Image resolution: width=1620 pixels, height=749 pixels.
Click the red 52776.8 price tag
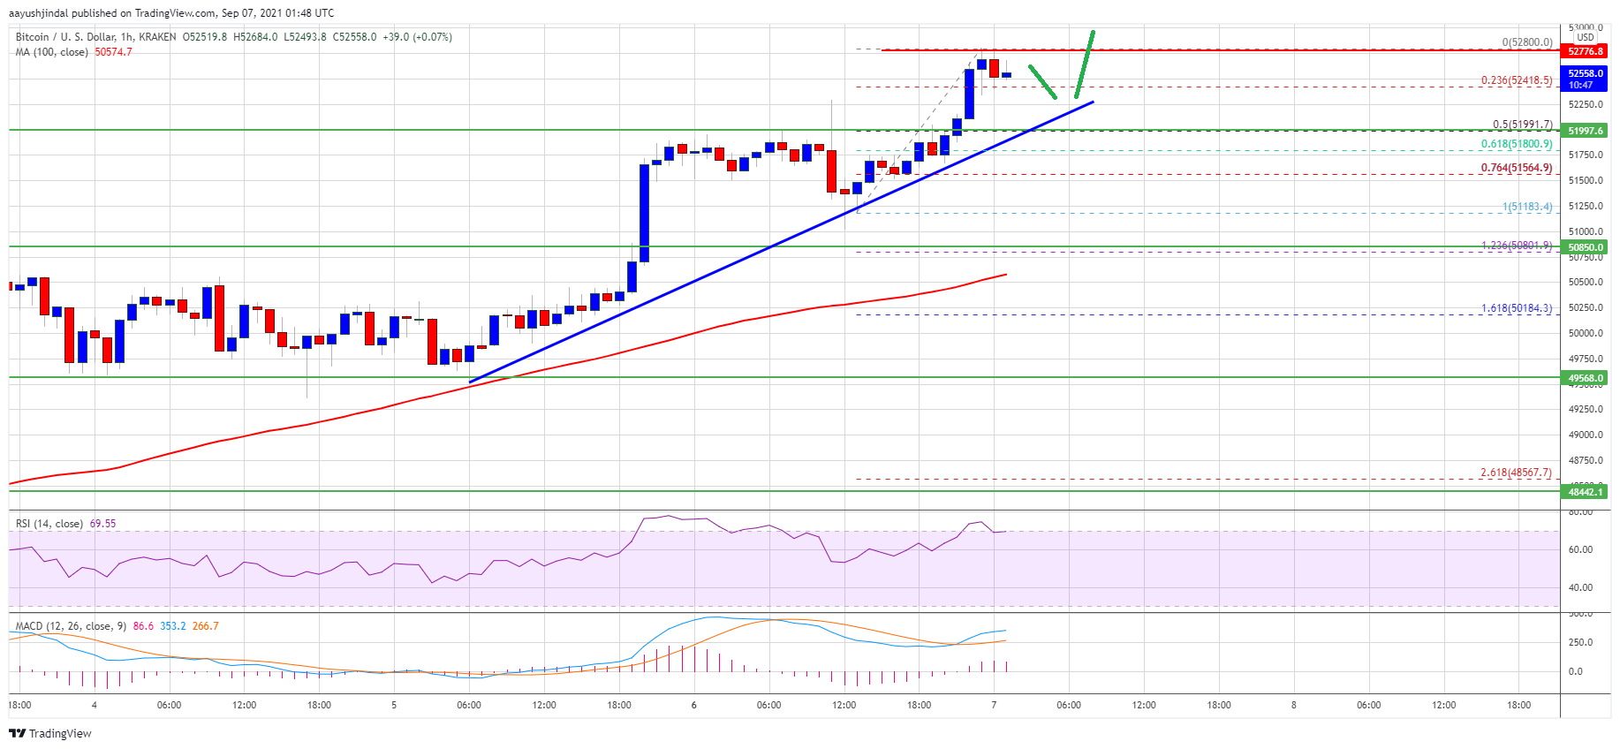[x=1586, y=51]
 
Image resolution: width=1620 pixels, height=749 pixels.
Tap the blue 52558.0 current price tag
[x=1586, y=74]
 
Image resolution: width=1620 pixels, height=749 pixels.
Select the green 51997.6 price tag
[x=1586, y=131]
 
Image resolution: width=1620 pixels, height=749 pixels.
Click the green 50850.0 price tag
[x=1586, y=247]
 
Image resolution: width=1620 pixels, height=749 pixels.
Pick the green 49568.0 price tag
[x=1586, y=378]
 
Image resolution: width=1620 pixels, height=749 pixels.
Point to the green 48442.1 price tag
[x=1586, y=492]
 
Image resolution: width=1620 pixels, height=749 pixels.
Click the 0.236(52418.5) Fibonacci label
[x=1516, y=80]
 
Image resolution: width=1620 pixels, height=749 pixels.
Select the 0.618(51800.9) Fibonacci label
[x=1516, y=144]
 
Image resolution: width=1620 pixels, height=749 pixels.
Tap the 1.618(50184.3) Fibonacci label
[x=1516, y=308]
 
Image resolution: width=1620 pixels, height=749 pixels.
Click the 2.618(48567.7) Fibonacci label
[x=1515, y=473]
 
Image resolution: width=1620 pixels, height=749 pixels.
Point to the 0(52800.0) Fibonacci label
[x=1526, y=42]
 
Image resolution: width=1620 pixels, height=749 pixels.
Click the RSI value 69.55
[x=102, y=524]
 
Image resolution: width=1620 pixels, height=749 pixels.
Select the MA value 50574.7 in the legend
[x=113, y=52]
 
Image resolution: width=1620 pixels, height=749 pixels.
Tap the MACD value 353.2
[x=172, y=626]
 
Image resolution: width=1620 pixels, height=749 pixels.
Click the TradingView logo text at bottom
[x=60, y=733]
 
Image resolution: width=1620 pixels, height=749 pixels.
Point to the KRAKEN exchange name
[x=157, y=37]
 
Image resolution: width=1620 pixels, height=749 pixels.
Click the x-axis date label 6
[x=694, y=705]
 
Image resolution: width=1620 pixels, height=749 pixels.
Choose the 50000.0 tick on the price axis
[x=1586, y=333]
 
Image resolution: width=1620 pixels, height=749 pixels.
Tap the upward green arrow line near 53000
[x=1085, y=64]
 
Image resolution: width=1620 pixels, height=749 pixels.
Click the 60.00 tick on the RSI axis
[x=1580, y=549]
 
